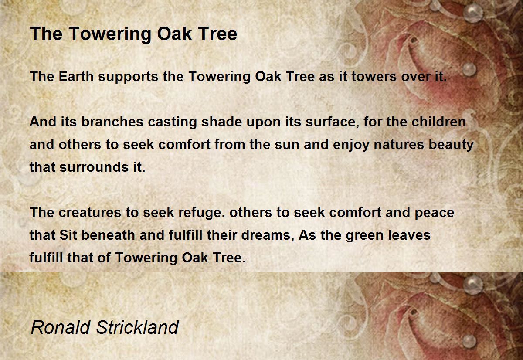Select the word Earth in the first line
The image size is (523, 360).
76,76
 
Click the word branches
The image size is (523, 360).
112,122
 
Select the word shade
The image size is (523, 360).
221,122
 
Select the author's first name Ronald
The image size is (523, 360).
61,327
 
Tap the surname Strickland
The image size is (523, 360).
137,327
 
